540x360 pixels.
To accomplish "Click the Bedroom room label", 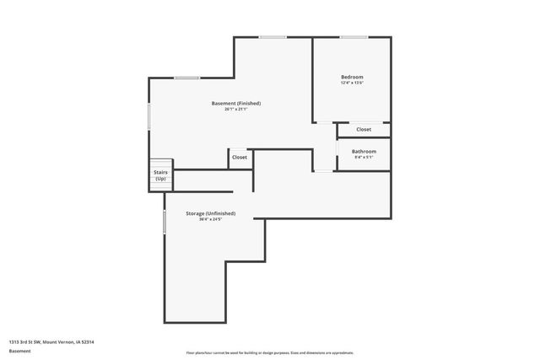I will pos(352,77).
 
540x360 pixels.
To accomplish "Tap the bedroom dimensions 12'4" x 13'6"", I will pos(352,83).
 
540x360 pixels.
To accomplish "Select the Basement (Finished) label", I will pos(236,103).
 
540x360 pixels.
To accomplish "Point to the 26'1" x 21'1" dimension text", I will pos(236,109).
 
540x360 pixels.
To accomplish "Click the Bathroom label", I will pos(364,151).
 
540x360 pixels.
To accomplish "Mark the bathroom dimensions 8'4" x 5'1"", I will pos(364,157).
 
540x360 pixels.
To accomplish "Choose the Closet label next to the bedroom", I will pos(364,129).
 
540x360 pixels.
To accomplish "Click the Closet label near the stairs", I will pos(240,157).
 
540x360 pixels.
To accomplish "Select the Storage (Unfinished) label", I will pos(210,213).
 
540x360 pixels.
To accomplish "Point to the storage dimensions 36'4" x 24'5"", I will pos(210,220).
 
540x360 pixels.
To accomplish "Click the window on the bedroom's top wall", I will pos(353,37).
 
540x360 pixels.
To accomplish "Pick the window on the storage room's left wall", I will pos(165,222).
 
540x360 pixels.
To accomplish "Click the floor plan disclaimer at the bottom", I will pos(270,352).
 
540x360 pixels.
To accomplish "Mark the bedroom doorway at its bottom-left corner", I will pos(324,123).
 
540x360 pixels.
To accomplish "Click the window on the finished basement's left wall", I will pos(149,116).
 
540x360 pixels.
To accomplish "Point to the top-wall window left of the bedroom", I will pos(272,37).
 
